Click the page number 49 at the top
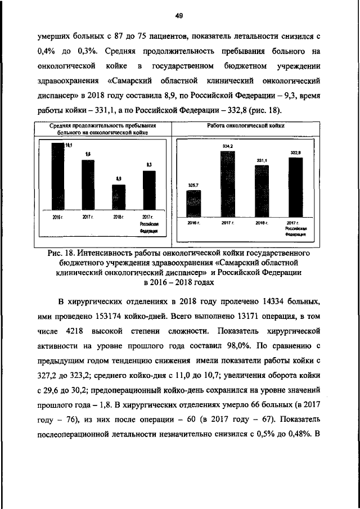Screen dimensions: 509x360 [x=179, y=15]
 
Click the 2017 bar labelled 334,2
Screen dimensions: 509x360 [x=227, y=183]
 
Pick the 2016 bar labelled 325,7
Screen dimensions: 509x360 [x=193, y=203]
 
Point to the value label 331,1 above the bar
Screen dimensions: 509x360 [x=261, y=160]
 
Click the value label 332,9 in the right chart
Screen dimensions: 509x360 [x=295, y=152]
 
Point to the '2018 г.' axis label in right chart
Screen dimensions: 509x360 [x=261, y=223]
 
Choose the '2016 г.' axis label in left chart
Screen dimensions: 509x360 [x=57, y=217]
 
